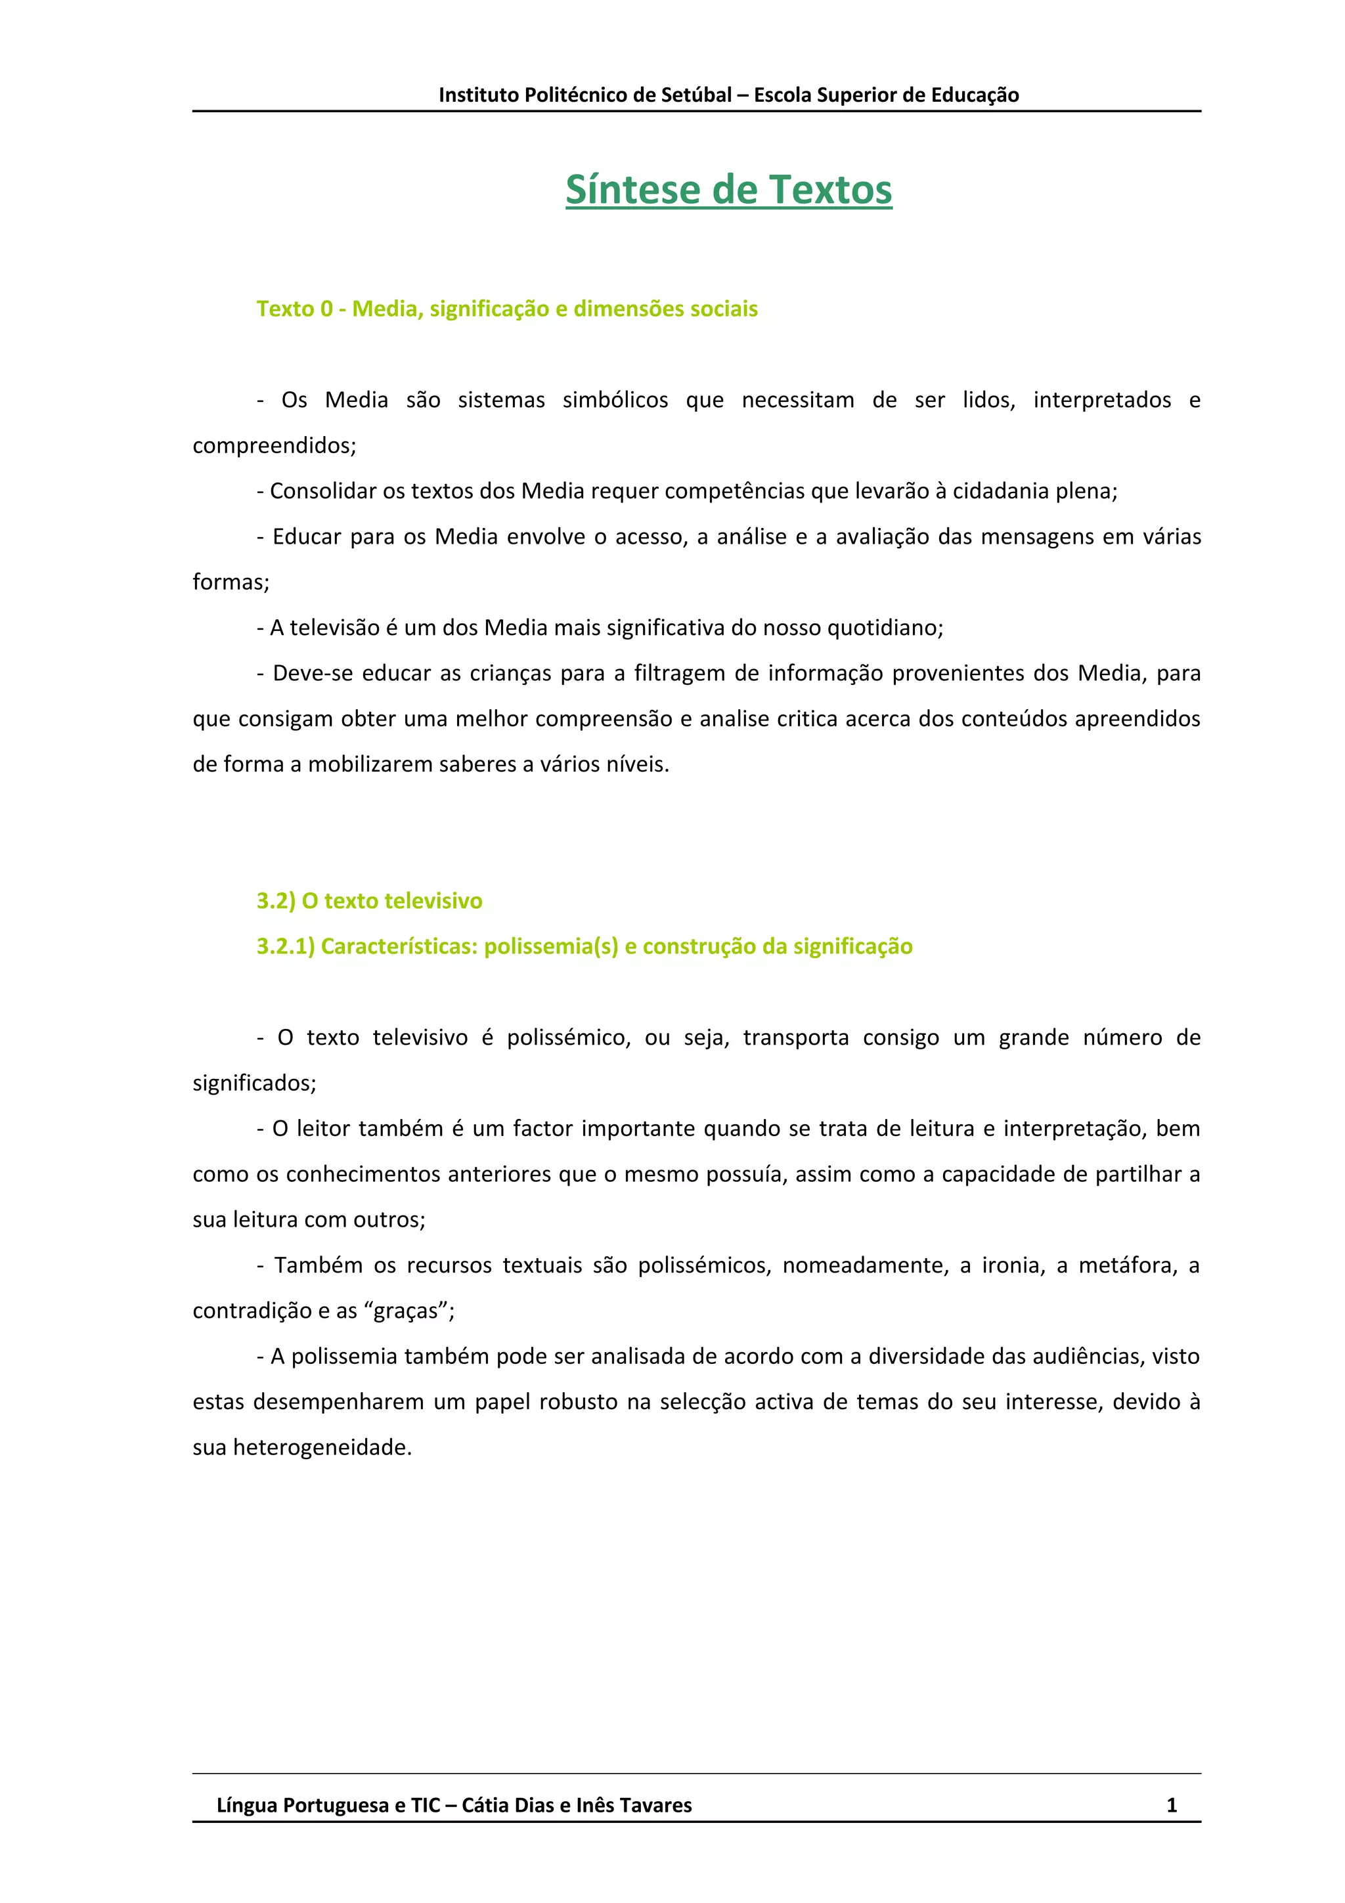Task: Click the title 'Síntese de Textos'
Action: tap(728, 190)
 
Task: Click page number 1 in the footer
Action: tap(1171, 1805)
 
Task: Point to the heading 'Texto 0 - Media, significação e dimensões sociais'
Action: tap(506, 309)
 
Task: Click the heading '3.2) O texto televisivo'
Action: tap(369, 901)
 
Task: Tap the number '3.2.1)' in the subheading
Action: tap(285, 946)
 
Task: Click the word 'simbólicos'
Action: tap(615, 401)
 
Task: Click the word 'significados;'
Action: tap(254, 1083)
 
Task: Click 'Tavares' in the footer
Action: tap(655, 1805)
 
